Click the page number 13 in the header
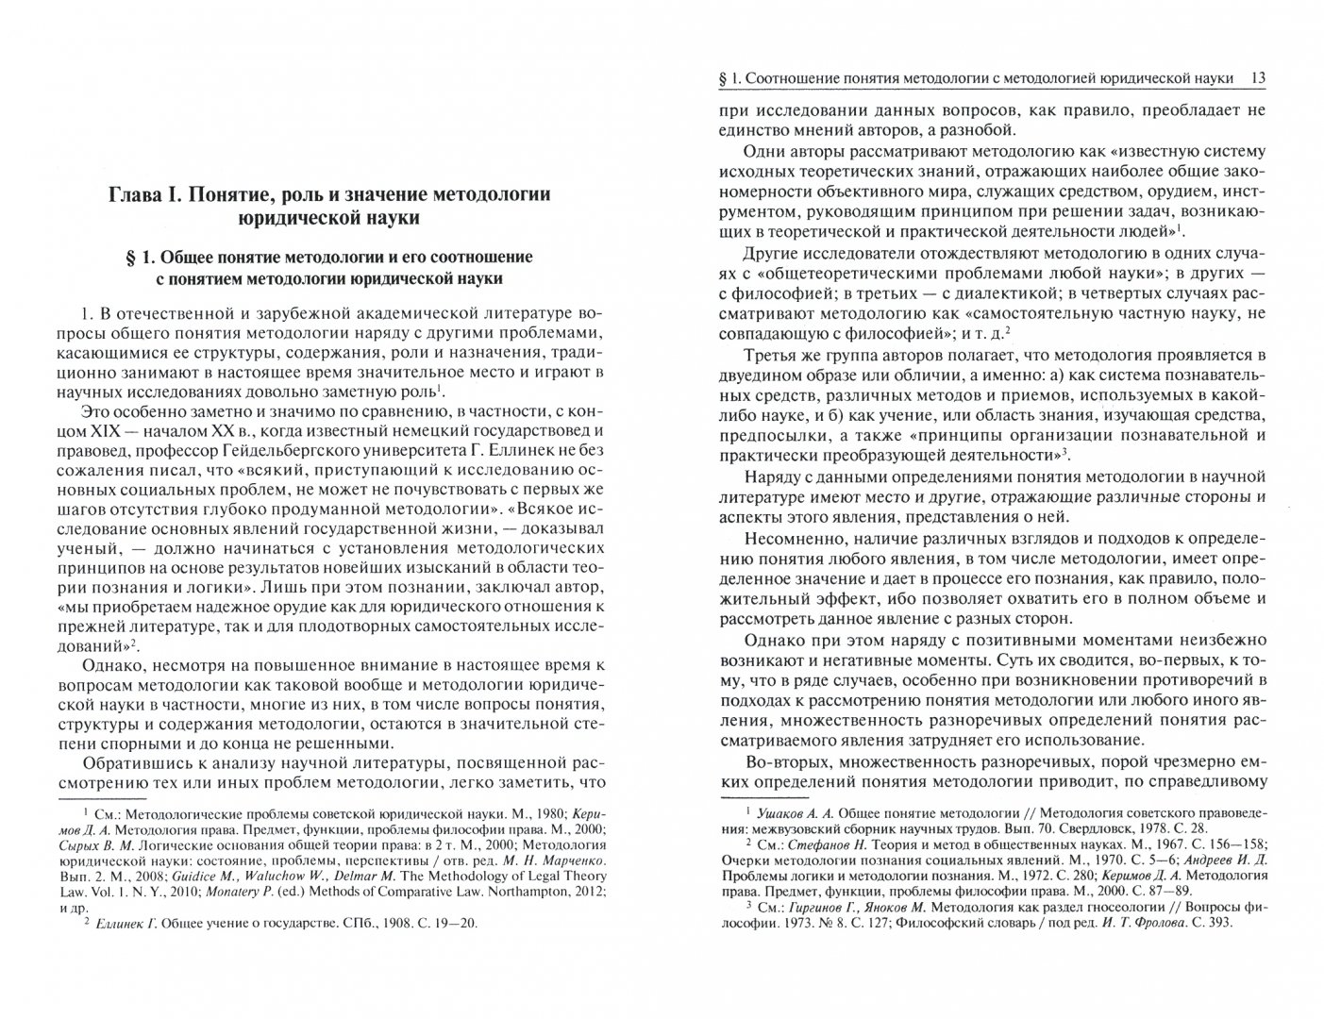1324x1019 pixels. pyautogui.click(x=1254, y=78)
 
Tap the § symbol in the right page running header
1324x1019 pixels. pyautogui.click(x=723, y=78)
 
